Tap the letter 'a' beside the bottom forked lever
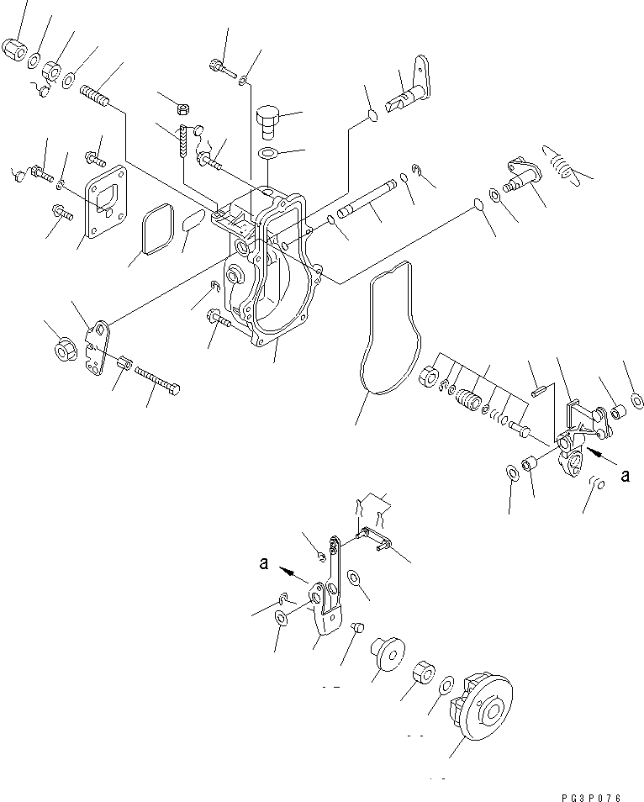point(264,565)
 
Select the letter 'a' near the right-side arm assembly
point(624,476)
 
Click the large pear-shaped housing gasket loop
point(388,328)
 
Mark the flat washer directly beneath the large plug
point(268,154)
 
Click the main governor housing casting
point(269,269)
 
